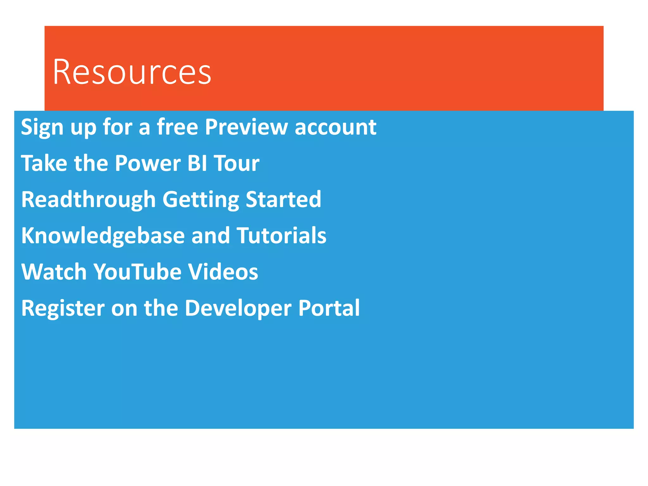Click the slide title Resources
pyautogui.click(x=132, y=72)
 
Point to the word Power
pyautogui.click(x=148, y=163)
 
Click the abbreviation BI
pyautogui.click(x=197, y=163)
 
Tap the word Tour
pyautogui.click(x=237, y=163)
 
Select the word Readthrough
pyautogui.click(x=88, y=200)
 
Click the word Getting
pyautogui.click(x=201, y=200)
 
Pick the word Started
pyautogui.click(x=283, y=199)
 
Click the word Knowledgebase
pyautogui.click(x=103, y=236)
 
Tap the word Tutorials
pyautogui.click(x=281, y=236)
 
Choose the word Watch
pyautogui.click(x=54, y=272)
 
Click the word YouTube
pyautogui.click(x=137, y=272)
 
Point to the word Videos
pyautogui.click(x=223, y=272)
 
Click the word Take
pyautogui.click(x=44, y=163)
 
